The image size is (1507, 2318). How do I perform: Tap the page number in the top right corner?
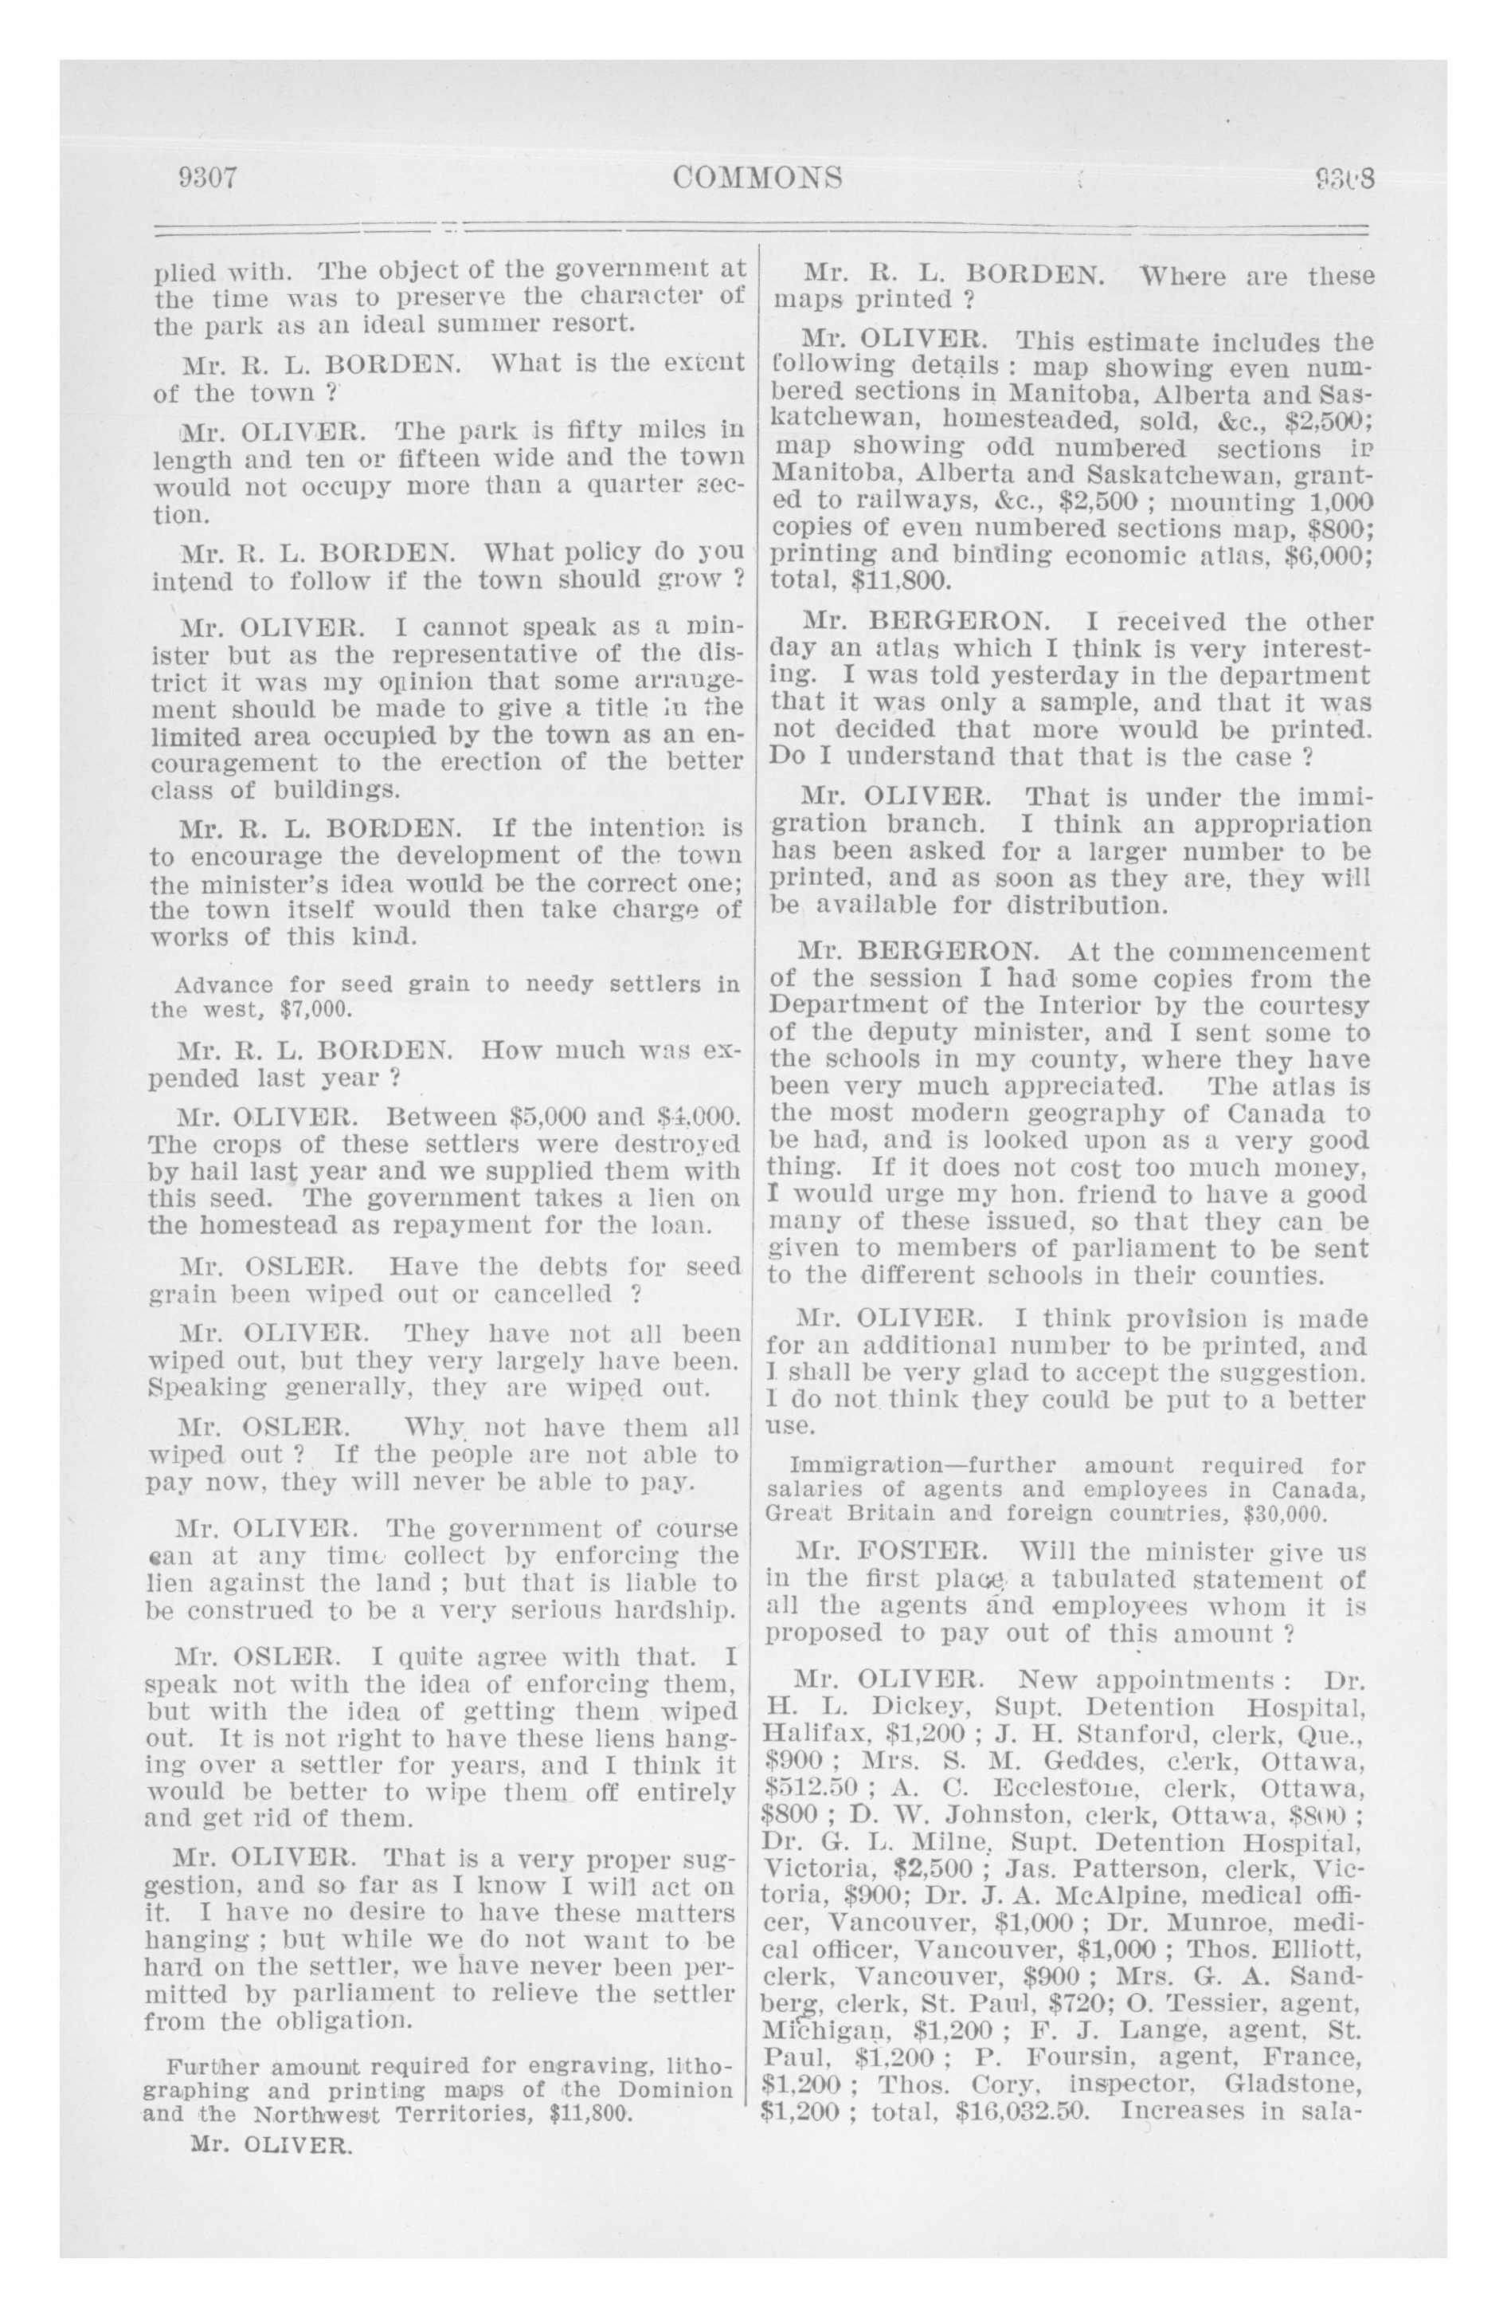pyautogui.click(x=1344, y=179)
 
